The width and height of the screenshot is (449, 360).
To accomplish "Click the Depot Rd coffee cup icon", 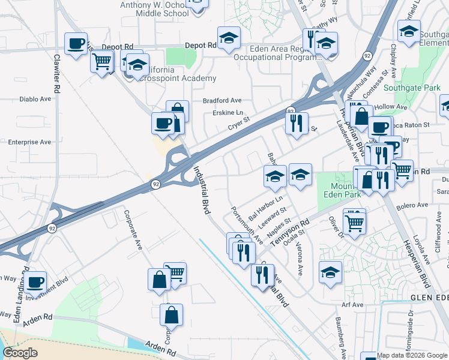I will coord(76,44).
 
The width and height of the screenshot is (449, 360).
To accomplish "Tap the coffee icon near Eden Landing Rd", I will coord(35,281).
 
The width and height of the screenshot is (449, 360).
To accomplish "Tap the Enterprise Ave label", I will coord(29,142).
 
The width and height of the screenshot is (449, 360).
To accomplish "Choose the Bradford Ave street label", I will coord(222,100).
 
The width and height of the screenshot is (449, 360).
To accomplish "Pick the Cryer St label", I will coord(238,125).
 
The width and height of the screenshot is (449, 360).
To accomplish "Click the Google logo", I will coord(20,352).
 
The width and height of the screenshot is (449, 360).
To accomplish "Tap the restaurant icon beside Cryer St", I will coord(296,124).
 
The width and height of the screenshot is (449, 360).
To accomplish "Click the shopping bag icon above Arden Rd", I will coord(171,314).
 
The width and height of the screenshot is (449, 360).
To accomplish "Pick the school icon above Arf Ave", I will coord(330,272).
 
